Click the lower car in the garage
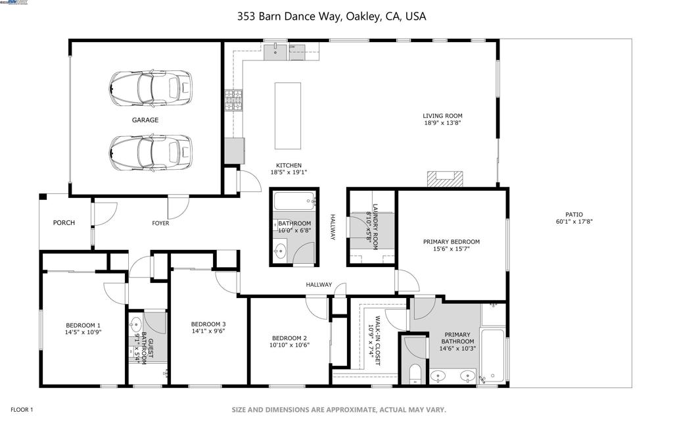(x=151, y=152)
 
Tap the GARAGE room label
(x=145, y=120)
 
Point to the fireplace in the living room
(x=444, y=179)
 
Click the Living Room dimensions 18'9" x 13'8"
(x=442, y=123)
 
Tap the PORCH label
(x=64, y=223)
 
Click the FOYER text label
(x=160, y=224)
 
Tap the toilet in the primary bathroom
(x=414, y=376)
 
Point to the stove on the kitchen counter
(x=233, y=100)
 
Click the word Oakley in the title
(x=360, y=16)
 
